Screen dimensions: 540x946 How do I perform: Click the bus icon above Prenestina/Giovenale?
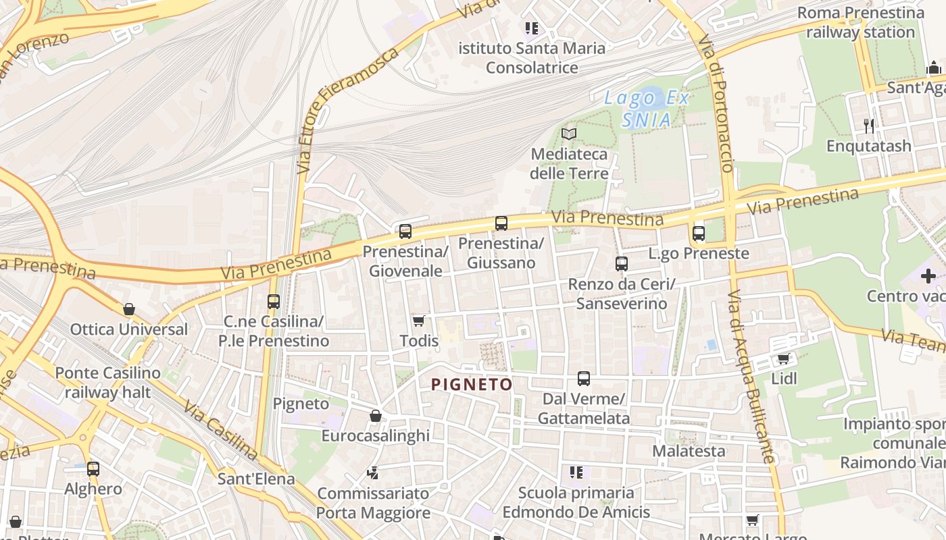coord(405,232)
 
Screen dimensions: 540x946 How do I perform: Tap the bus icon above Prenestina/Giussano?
coord(501,223)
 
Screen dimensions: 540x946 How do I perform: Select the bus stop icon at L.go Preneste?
coord(698,234)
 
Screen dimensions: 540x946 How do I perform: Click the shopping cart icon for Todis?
coord(418,321)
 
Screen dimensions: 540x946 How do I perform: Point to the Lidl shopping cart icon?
coord(783,358)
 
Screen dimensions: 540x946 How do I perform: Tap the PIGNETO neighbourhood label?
coord(472,385)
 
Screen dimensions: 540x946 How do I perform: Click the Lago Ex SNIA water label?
coord(647,109)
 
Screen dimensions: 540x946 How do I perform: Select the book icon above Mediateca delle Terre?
coord(569,134)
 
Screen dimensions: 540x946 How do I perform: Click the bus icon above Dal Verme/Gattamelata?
coord(583,379)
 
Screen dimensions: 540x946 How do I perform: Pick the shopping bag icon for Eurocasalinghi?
coord(376,416)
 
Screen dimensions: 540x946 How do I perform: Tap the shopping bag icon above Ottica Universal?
coord(128,309)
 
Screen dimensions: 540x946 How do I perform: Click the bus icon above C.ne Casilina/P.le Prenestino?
coord(273,302)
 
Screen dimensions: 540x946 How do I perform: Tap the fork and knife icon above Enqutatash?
coord(868,126)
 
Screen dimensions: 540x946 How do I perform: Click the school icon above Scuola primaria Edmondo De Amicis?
coord(576,473)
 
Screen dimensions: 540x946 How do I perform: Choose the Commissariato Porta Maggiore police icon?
coord(372,473)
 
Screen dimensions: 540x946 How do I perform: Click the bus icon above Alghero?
coord(93,468)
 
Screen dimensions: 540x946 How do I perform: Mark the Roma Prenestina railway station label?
coord(860,22)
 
